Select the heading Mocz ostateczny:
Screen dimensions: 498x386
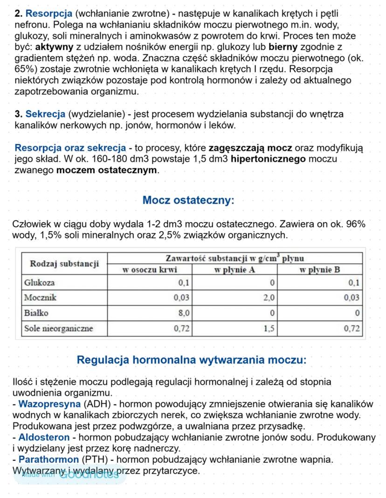click(x=188, y=200)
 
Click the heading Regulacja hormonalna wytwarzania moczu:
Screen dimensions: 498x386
click(x=192, y=360)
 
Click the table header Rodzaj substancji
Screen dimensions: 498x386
click(x=65, y=264)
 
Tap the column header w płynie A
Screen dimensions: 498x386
click(x=234, y=269)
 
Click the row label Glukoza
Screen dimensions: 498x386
click(x=39, y=283)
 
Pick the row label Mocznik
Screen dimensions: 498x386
click(x=40, y=297)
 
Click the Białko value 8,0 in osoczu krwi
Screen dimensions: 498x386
click(x=184, y=313)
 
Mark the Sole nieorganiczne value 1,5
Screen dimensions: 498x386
click(x=269, y=328)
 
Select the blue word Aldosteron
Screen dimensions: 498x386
click(x=44, y=438)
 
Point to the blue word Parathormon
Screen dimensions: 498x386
click(x=48, y=460)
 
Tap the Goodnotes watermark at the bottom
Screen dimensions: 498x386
click(x=70, y=474)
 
